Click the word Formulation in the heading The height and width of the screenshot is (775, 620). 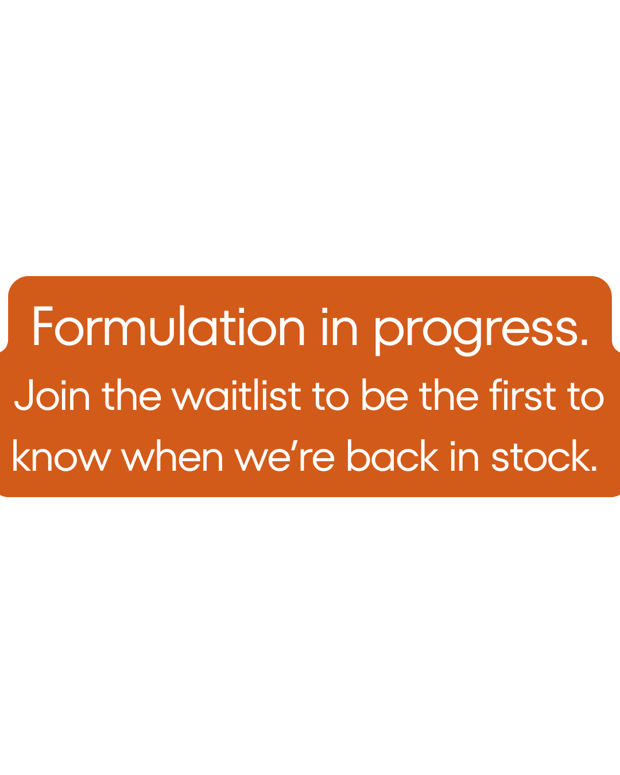(169, 325)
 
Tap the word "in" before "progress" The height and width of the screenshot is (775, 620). (339, 326)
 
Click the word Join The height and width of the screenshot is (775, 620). (52, 394)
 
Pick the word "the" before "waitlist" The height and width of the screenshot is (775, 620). (131, 394)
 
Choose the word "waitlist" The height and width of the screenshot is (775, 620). (236, 394)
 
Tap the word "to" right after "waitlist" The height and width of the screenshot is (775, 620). (331, 396)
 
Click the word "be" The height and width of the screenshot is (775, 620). (385, 394)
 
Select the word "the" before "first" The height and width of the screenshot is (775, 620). (448, 394)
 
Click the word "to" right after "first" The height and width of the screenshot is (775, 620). (586, 396)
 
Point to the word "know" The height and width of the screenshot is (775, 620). (61, 455)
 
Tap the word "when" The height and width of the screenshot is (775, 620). (172, 455)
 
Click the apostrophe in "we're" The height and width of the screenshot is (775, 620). (294, 445)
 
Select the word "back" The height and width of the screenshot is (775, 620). (393, 455)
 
